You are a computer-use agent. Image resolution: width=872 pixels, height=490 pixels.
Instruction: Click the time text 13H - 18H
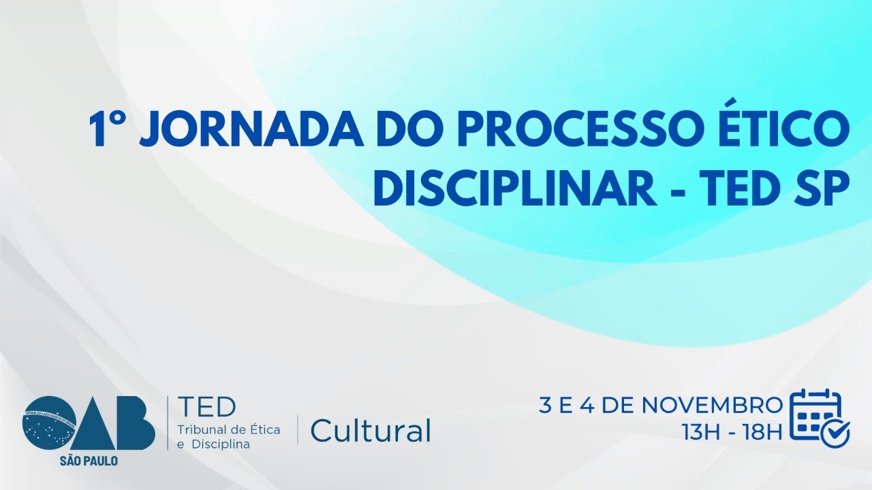(x=731, y=431)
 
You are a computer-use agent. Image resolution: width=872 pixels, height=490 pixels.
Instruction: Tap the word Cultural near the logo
(x=371, y=430)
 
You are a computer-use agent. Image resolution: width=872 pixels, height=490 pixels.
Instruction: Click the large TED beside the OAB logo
(x=206, y=407)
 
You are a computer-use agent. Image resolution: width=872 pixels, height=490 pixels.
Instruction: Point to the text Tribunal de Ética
(x=228, y=429)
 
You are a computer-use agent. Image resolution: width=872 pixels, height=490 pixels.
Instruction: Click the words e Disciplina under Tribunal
(x=213, y=444)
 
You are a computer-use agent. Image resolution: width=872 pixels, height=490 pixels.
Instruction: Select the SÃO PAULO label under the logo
(x=89, y=461)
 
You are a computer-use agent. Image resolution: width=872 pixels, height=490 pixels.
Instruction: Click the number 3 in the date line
(x=545, y=405)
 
